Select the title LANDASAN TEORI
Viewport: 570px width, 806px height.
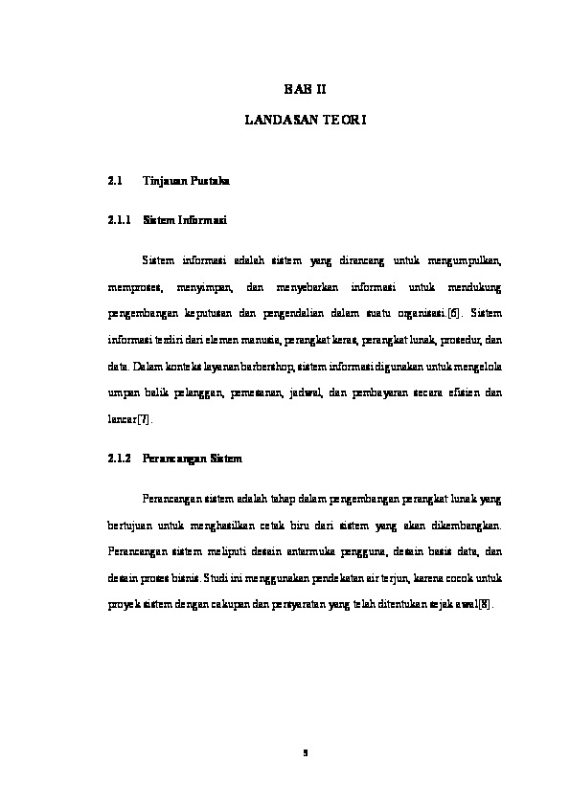(306, 123)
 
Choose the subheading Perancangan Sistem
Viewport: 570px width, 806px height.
(192, 458)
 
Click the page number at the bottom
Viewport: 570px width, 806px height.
(305, 752)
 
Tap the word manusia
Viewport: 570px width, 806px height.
(252, 339)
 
